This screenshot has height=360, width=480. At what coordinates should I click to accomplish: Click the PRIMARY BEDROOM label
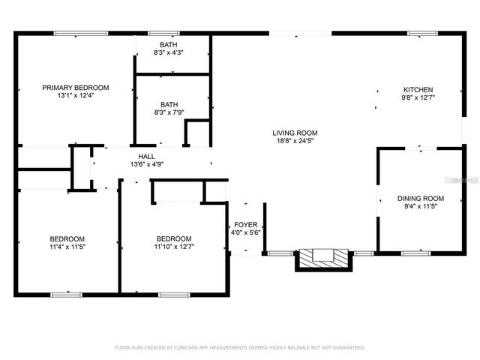[76, 88]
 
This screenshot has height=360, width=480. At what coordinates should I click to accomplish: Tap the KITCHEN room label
[418, 88]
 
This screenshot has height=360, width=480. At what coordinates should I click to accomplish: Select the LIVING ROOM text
[295, 132]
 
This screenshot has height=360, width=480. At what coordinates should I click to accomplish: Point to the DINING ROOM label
[421, 199]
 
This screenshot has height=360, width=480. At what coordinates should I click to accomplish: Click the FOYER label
[246, 223]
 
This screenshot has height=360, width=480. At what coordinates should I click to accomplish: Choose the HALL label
[147, 156]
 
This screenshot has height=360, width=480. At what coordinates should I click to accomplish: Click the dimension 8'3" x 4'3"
[168, 53]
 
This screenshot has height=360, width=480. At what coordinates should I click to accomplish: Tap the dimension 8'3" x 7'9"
[168, 113]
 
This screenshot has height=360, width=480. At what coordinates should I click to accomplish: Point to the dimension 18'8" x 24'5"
[295, 140]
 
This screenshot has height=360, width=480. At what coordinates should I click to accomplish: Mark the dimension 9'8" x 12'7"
[418, 97]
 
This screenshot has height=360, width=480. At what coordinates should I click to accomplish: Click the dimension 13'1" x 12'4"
[76, 96]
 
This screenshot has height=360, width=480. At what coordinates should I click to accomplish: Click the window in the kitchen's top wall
[422, 33]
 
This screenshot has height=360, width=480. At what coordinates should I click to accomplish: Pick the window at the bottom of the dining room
[415, 253]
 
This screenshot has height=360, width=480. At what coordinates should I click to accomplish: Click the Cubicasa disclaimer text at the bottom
[239, 347]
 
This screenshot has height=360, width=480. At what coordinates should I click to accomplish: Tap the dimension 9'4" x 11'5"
[421, 207]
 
